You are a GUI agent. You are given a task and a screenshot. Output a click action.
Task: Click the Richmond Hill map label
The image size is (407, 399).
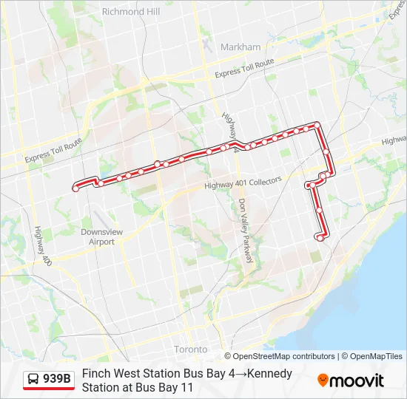coord(131,12)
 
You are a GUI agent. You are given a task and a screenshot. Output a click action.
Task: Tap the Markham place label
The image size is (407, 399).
coord(240,47)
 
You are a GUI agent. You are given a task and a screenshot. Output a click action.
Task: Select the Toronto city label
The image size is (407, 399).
coord(191,349)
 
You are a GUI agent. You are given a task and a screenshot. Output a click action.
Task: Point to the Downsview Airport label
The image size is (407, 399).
coord(98,236)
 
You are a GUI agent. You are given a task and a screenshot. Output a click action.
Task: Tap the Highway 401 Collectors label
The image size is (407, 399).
coord(243,182)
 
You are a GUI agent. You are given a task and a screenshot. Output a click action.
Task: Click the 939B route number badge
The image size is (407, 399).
coord(57,379)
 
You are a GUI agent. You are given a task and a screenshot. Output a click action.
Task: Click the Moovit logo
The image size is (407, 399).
coord(351,381)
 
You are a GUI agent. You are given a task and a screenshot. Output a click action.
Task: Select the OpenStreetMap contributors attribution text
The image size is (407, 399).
coord(279,356)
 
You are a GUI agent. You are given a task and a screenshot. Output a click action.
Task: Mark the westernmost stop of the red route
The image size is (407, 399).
coord(75,189)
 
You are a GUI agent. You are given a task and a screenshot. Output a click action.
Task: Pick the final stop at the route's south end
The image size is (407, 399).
coord(320,237)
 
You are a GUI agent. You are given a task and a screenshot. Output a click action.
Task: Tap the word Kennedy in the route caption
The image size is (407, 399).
coord(269,374)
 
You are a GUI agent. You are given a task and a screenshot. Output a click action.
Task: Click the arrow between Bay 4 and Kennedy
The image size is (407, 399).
coord(242,374)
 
